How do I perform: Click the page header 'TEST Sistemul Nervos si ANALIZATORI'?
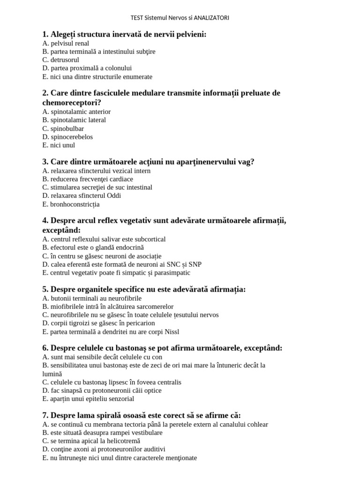click(x=180, y=18)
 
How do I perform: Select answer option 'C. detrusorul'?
click(x=60, y=60)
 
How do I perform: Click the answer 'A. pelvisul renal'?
click(x=66, y=43)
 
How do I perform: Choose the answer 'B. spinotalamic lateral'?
click(x=74, y=120)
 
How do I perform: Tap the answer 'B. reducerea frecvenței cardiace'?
click(x=88, y=179)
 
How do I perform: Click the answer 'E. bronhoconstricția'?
click(x=71, y=204)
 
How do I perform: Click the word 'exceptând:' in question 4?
click(x=61, y=230)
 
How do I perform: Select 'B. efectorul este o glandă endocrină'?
click(x=93, y=247)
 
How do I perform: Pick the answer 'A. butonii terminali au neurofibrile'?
click(x=92, y=298)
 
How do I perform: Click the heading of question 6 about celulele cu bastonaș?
click(x=162, y=348)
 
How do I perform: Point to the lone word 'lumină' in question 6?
click(x=52, y=374)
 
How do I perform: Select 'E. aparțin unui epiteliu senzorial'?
click(x=88, y=399)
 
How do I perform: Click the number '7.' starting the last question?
click(x=45, y=415)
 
